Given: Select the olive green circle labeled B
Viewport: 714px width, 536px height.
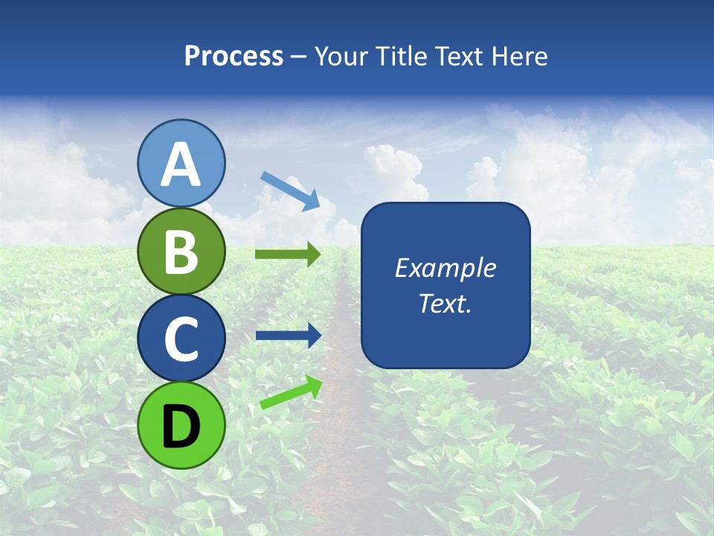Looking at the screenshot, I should pyautogui.click(x=181, y=252).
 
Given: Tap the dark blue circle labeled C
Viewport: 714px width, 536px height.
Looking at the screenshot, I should pyautogui.click(x=181, y=339).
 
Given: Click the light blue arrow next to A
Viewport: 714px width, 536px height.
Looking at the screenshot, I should pyautogui.click(x=290, y=190).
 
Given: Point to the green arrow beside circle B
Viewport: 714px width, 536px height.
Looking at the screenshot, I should pyautogui.click(x=288, y=255).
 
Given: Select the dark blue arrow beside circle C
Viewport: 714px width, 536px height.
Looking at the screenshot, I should pyautogui.click(x=288, y=335).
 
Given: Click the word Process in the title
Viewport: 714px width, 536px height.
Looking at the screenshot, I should pyautogui.click(x=234, y=56).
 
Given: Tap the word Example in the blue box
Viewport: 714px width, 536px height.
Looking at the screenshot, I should pyautogui.click(x=445, y=268).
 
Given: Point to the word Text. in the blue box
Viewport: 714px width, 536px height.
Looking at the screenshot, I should pyautogui.click(x=445, y=304).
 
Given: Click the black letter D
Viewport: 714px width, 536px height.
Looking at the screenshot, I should pyautogui.click(x=181, y=427).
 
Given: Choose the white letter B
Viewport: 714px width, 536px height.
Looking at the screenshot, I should pyautogui.click(x=181, y=252).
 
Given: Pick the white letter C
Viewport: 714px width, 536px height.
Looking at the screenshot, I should pyautogui.click(x=181, y=339).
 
